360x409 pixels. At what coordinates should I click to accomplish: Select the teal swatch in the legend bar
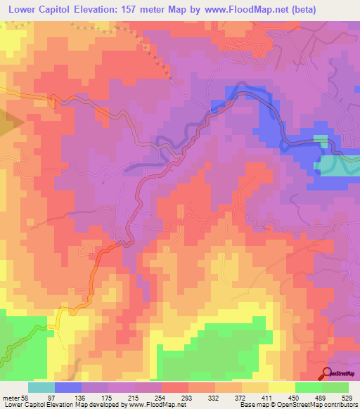coord(41,387)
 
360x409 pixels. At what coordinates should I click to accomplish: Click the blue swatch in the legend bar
coord(68,387)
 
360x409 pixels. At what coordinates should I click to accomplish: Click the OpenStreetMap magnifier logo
coord(327,373)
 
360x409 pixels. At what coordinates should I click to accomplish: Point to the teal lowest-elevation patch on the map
coord(337,166)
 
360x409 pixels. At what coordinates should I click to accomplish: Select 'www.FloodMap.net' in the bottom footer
coord(153,404)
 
